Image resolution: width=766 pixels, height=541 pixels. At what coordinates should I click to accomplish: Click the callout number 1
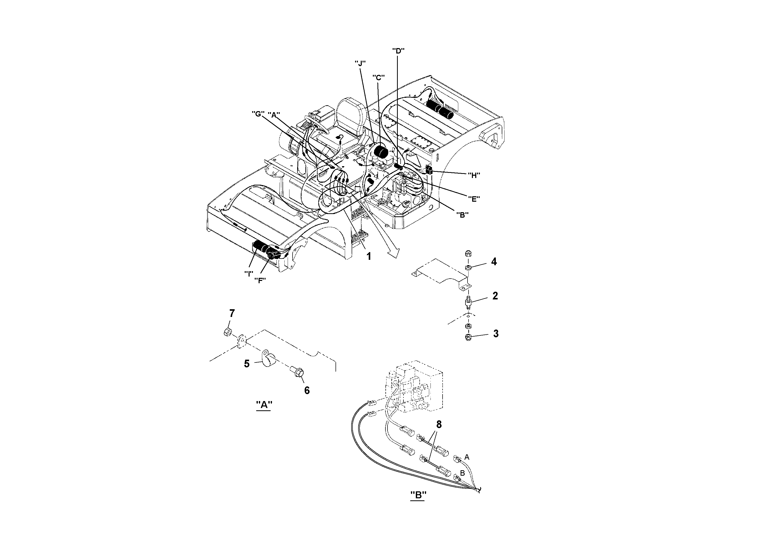click(x=369, y=256)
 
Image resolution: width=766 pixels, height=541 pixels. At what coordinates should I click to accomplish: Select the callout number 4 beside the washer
click(x=494, y=262)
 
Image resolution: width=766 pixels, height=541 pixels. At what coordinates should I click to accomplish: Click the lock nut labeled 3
click(x=468, y=337)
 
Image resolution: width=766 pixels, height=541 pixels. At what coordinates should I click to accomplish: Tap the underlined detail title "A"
click(x=264, y=405)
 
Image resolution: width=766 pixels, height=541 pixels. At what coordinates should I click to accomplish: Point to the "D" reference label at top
click(x=398, y=51)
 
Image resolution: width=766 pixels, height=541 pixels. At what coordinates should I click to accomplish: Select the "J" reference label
click(x=360, y=63)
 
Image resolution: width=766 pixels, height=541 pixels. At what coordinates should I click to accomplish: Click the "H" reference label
click(x=473, y=175)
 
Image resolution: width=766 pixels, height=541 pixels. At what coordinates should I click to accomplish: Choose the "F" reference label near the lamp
click(x=260, y=280)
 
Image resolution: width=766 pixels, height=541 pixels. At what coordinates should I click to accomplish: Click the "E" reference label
click(x=473, y=199)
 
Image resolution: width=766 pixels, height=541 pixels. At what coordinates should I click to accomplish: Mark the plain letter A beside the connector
click(x=467, y=457)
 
